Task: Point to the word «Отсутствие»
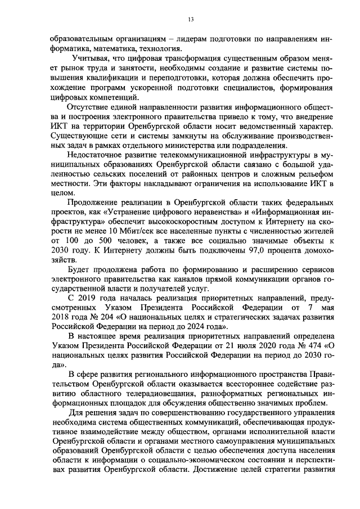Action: pos(86,107)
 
